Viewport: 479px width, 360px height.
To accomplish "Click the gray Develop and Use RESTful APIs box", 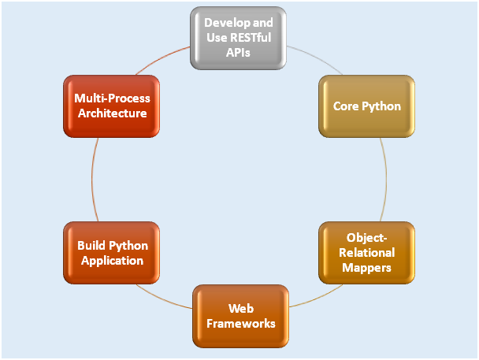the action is (x=238, y=38).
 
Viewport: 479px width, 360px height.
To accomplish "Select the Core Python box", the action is (x=366, y=106).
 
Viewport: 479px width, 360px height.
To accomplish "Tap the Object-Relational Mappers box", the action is (x=366, y=253).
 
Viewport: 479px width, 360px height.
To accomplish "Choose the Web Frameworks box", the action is (x=241, y=316).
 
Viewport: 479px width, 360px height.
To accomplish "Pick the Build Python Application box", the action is (x=112, y=253).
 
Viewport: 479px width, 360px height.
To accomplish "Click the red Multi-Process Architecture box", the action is (x=112, y=106).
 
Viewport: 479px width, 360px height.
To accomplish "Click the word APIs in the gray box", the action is (x=238, y=53).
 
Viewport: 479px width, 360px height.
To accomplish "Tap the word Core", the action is (x=346, y=106).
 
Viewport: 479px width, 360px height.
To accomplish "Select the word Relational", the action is (x=366, y=253).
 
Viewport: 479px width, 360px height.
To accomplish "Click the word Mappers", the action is (x=366, y=268).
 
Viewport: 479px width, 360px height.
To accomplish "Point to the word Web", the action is (x=241, y=308).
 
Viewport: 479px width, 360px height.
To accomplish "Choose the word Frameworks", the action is (x=241, y=323).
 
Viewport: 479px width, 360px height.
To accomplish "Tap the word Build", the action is (x=91, y=246).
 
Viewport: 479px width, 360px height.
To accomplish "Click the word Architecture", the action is (x=113, y=113).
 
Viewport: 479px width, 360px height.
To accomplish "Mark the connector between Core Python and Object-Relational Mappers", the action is (x=386, y=180).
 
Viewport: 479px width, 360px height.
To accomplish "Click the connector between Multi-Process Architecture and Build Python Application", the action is (x=92, y=180).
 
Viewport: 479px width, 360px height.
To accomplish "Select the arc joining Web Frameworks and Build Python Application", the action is (x=162, y=299).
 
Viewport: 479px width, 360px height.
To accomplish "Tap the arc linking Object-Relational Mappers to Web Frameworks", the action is (x=317, y=298).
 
